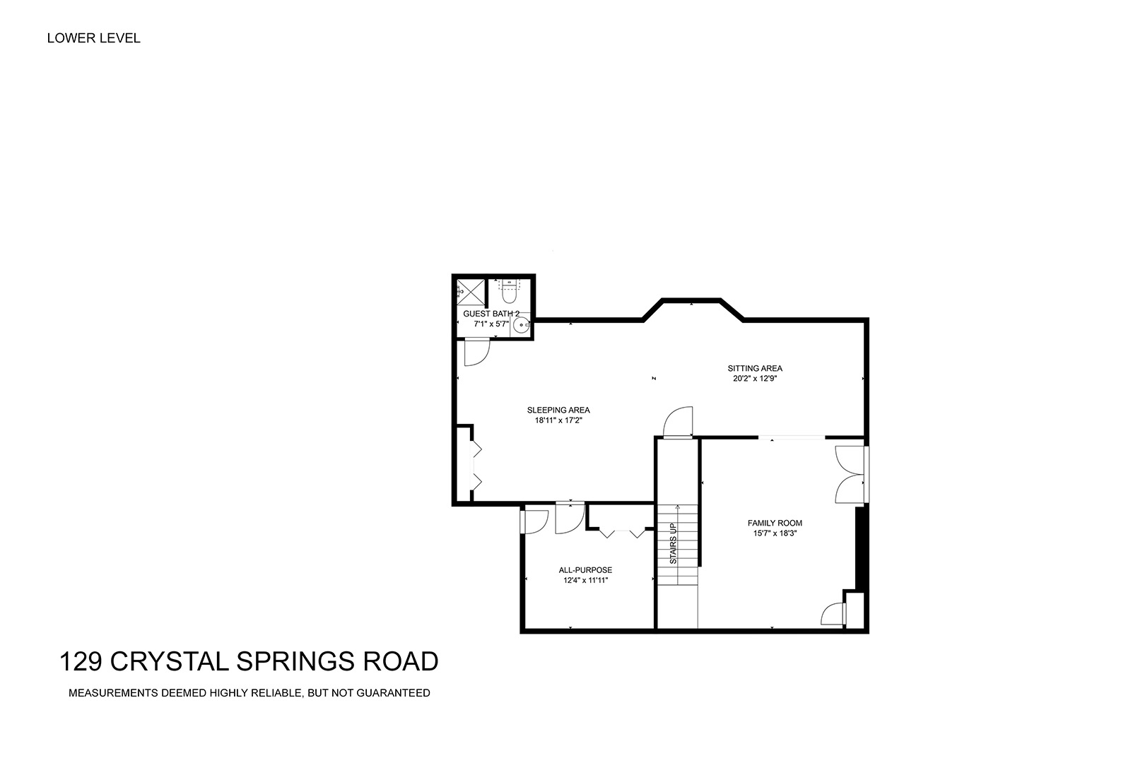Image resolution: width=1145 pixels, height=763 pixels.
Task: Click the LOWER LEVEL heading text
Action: point(93,38)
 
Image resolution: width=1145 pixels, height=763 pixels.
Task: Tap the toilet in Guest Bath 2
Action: point(510,291)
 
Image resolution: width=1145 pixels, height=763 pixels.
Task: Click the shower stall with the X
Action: point(470,292)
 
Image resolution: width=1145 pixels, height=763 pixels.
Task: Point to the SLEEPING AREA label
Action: point(558,410)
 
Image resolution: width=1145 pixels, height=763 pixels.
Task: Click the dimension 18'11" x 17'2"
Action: point(558,420)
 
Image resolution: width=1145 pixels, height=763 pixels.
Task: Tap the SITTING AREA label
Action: point(755,368)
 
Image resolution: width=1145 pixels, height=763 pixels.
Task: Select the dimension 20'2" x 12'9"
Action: point(755,379)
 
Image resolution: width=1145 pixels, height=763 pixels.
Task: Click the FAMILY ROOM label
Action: point(775,523)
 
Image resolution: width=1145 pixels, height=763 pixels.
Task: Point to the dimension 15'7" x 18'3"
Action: point(775,533)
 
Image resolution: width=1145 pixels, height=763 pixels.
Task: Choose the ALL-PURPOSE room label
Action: point(585,570)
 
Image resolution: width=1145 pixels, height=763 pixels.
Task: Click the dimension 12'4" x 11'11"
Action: point(585,581)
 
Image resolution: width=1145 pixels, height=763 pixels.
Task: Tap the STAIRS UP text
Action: point(673,543)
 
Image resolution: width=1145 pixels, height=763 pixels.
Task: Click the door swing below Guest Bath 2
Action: point(477,353)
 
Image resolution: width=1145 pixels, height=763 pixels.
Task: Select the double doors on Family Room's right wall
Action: point(850,475)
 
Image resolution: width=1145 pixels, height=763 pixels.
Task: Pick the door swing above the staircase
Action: point(678,422)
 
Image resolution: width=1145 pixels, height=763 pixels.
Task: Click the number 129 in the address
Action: point(81,661)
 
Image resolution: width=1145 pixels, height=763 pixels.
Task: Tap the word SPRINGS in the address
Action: point(295,661)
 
